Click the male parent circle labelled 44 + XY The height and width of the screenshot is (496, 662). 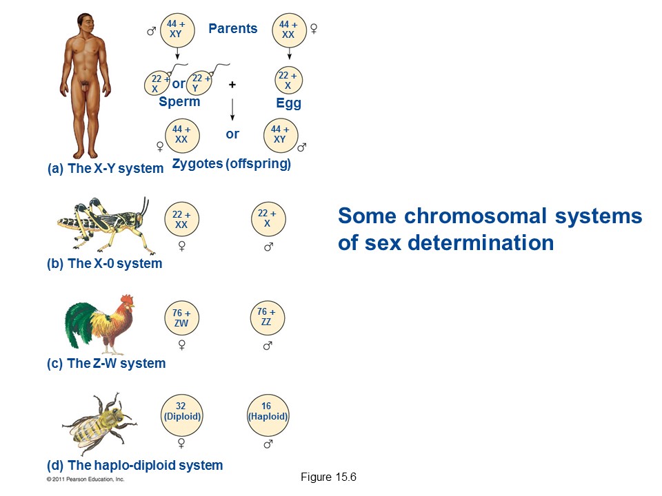click(177, 29)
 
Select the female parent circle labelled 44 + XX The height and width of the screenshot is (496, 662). click(288, 29)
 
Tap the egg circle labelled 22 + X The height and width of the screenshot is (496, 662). click(288, 81)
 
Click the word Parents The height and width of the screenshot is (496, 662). click(232, 29)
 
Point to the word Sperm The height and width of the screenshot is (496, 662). click(179, 102)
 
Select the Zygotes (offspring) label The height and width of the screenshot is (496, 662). click(231, 164)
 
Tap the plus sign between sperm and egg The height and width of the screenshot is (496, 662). click(232, 84)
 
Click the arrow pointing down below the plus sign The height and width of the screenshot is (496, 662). click(232, 110)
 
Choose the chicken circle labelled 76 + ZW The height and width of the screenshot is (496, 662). click(181, 318)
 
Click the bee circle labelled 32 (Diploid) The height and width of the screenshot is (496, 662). click(181, 412)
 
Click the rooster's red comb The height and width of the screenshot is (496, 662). click(127, 300)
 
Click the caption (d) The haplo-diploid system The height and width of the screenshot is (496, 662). click(134, 466)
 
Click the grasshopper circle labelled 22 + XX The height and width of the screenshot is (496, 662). click(181, 220)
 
